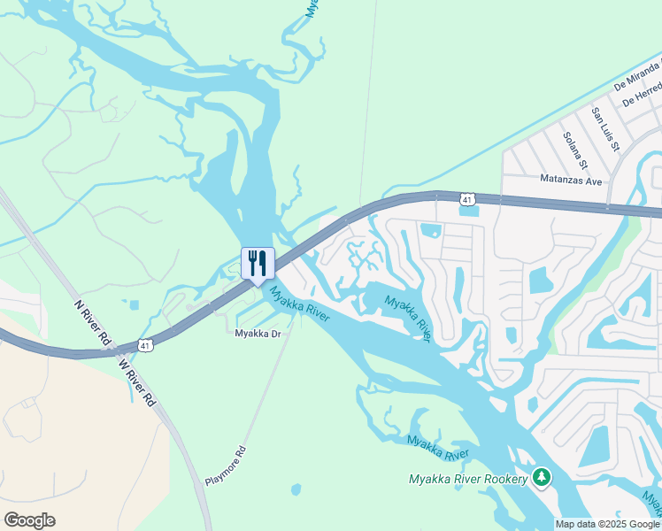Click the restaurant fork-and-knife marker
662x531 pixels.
[x=258, y=263]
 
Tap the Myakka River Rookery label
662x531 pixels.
[x=468, y=480]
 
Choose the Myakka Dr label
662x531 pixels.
[x=258, y=334]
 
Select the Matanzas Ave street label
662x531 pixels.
[x=571, y=181]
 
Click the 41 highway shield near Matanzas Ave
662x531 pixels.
[x=466, y=200]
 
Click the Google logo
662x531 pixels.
[x=29, y=520]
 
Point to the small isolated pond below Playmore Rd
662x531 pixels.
[x=296, y=489]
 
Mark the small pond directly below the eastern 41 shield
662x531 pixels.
[x=468, y=212]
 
